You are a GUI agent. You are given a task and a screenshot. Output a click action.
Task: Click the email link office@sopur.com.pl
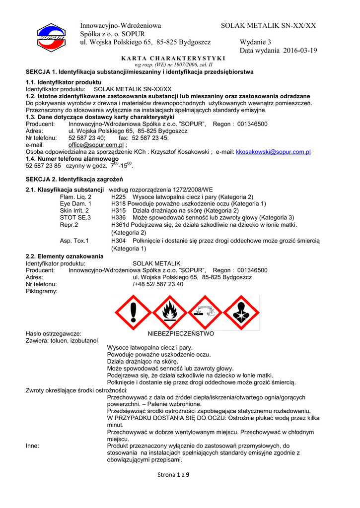point(95,145)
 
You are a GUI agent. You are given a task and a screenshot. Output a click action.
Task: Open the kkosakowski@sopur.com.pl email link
point(273,152)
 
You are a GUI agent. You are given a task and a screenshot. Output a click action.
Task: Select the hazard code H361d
point(120,225)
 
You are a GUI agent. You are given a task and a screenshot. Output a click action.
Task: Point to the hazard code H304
point(118,241)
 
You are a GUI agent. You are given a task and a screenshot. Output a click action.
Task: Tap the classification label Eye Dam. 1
point(75,204)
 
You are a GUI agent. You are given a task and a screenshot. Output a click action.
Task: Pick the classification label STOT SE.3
point(75,218)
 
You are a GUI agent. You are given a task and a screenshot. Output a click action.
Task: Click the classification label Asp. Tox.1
point(74,241)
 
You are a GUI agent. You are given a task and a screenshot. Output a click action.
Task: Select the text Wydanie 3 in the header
point(255,42)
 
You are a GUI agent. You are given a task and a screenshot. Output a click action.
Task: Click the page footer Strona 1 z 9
point(173,475)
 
